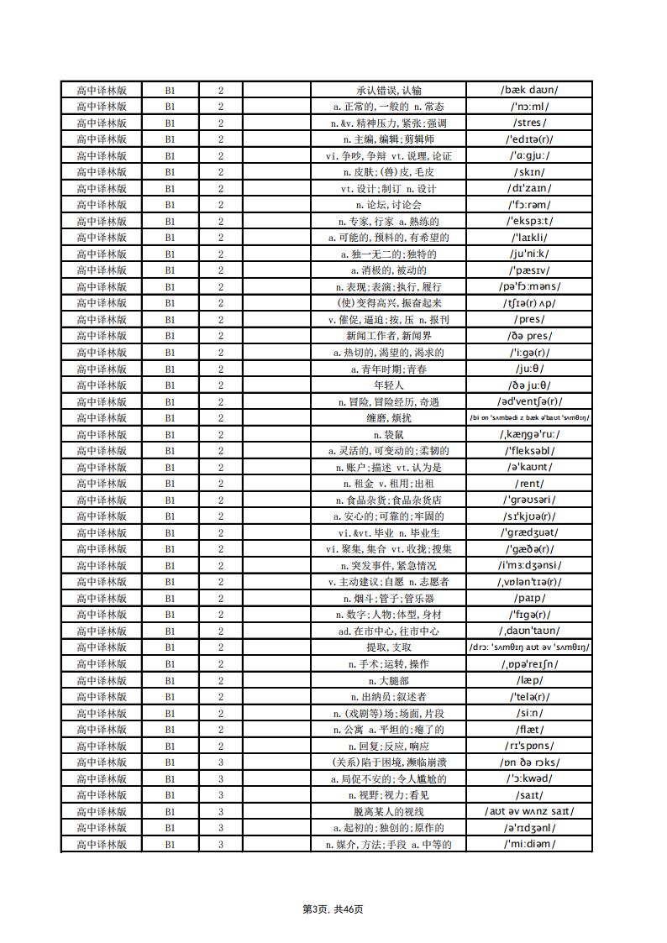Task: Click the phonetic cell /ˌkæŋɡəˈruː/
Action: pyautogui.click(x=529, y=434)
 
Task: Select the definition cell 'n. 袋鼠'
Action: pyautogui.click(x=388, y=434)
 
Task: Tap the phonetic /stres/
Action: pyautogui.click(x=529, y=123)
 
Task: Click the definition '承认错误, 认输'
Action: pyautogui.click(x=388, y=90)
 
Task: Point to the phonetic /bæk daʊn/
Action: pyautogui.click(x=529, y=90)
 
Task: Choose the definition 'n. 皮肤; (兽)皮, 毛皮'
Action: pyautogui.click(x=388, y=172)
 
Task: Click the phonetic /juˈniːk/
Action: pyautogui.click(x=529, y=254)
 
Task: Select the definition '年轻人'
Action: pyautogui.click(x=388, y=385)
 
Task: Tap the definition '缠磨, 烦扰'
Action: pyautogui.click(x=388, y=418)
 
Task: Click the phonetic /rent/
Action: pyautogui.click(x=529, y=484)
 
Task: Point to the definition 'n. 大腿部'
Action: pyautogui.click(x=388, y=680)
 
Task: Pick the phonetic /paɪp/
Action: pyautogui.click(x=529, y=598)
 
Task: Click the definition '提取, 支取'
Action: pyautogui.click(x=388, y=647)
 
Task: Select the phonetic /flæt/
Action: pyautogui.click(x=529, y=730)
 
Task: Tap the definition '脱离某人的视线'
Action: pyautogui.click(x=388, y=811)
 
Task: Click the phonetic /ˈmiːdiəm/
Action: pyautogui.click(x=529, y=844)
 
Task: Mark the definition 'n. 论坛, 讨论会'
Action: pyautogui.click(x=388, y=205)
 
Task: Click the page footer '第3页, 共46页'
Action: pyautogui.click(x=333, y=909)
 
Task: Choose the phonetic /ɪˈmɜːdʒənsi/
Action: pyautogui.click(x=529, y=565)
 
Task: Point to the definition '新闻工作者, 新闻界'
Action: pyautogui.click(x=388, y=336)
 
